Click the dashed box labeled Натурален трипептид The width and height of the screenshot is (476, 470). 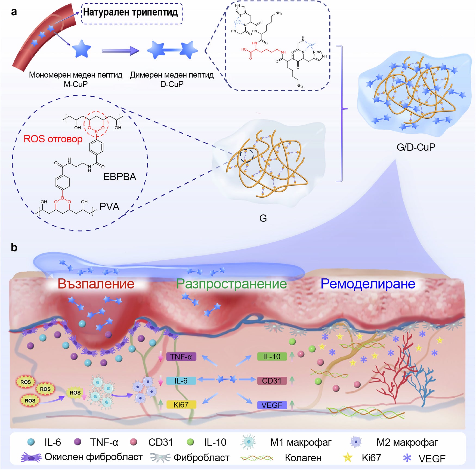[x=132, y=14]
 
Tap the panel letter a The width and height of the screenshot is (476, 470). [x=14, y=12]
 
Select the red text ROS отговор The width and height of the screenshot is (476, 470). [x=53, y=139]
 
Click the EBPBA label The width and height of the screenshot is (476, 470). [x=120, y=177]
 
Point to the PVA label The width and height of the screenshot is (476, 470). [x=109, y=207]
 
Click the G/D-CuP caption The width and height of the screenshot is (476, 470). [x=416, y=147]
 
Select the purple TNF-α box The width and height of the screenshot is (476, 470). [x=181, y=357]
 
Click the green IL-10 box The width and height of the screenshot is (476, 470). [x=272, y=357]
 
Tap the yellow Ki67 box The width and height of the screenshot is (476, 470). [x=181, y=405]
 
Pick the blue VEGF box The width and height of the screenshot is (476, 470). [x=272, y=405]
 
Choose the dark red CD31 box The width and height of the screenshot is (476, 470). [x=272, y=380]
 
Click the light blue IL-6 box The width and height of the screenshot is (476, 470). [x=181, y=380]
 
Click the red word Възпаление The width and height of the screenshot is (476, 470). [x=96, y=284]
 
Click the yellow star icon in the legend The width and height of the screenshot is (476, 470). [x=348, y=457]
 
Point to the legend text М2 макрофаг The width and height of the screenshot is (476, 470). [x=407, y=443]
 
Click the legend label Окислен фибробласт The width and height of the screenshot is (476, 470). [x=93, y=457]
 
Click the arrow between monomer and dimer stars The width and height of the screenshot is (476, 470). [x=120, y=51]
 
